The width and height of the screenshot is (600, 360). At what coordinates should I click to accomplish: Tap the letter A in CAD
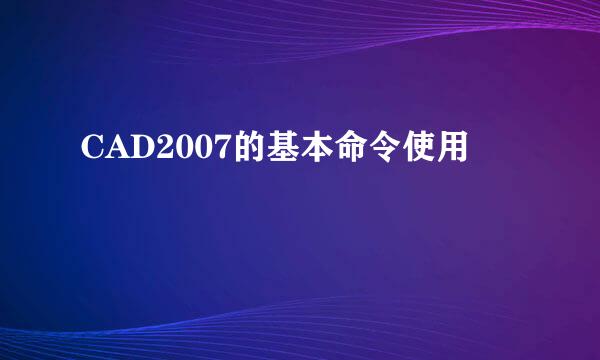[116, 151]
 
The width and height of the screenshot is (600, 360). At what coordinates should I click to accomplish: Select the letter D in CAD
[141, 151]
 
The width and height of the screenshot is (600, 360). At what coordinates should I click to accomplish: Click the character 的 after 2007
[245, 150]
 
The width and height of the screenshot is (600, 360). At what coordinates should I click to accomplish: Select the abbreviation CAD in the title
[116, 151]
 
